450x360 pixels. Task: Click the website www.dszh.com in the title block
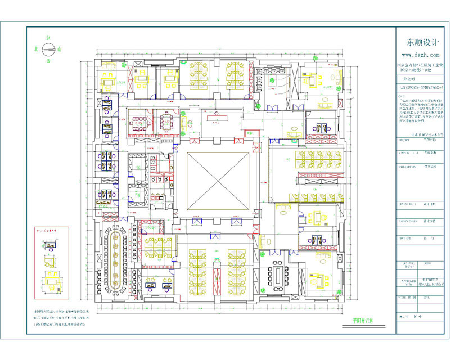pos(420,55)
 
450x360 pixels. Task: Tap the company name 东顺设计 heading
pos(420,43)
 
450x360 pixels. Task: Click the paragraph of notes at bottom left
pos(62,318)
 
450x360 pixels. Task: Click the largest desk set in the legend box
pos(52,280)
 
